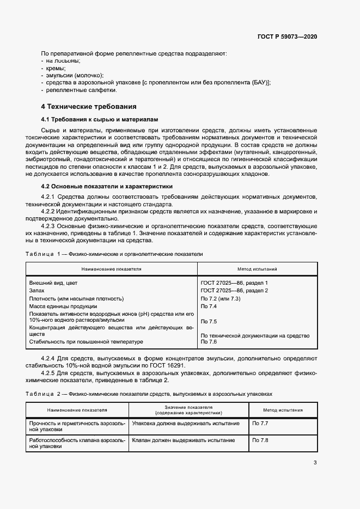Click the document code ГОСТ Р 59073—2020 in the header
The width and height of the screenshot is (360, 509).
pyautogui.click(x=287, y=36)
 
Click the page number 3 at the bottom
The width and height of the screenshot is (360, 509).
pyautogui.click(x=315, y=463)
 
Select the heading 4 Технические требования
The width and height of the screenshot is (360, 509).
pyautogui.click(x=89, y=106)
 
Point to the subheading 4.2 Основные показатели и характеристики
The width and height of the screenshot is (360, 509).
pyautogui.click(x=103, y=186)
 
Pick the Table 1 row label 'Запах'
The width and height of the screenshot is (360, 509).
pyautogui.click(x=36, y=291)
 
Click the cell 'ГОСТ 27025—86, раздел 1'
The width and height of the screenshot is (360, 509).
pyautogui.click(x=234, y=283)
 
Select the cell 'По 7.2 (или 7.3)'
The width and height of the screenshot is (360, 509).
pyautogui.click(x=221, y=299)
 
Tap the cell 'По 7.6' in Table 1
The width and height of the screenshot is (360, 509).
pyautogui.click(x=209, y=341)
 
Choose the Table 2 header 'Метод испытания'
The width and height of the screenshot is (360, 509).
pyautogui.click(x=283, y=410)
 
